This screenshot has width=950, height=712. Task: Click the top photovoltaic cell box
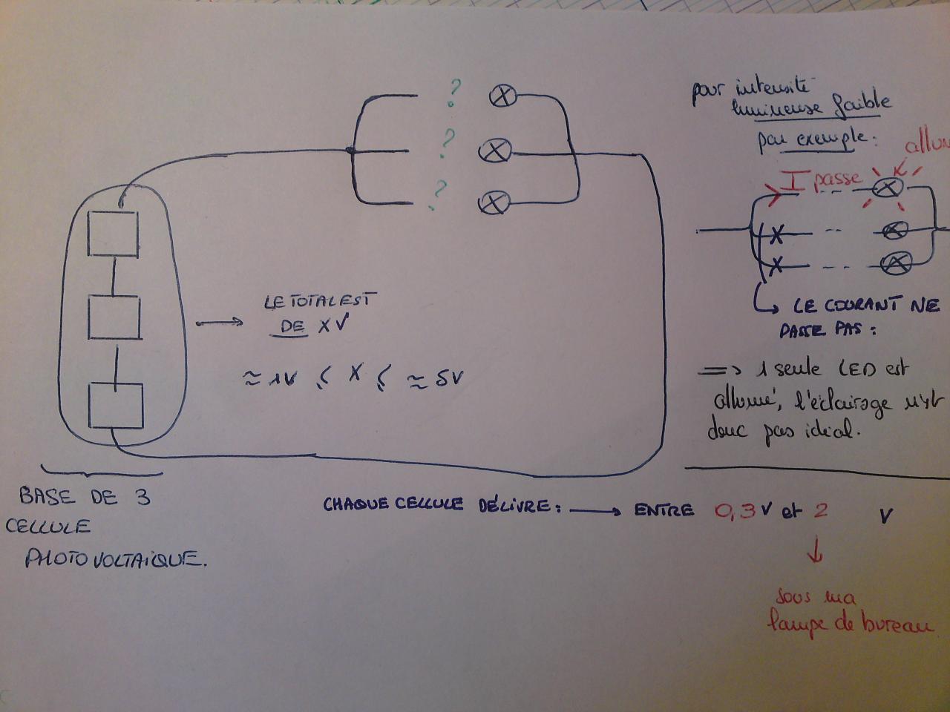tap(114, 234)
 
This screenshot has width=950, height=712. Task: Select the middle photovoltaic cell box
tap(114, 317)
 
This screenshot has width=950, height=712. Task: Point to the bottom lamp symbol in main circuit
tap(494, 201)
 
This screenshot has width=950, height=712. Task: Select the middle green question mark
tap(448, 141)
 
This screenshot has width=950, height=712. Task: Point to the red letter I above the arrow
tap(793, 179)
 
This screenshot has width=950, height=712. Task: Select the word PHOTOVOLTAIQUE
tap(115, 558)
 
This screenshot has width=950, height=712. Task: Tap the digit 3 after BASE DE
tap(142, 496)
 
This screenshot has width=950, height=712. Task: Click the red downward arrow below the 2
tap(819, 551)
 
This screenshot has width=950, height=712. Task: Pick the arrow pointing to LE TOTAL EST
tap(219, 323)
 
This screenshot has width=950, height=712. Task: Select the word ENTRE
tap(665, 510)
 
